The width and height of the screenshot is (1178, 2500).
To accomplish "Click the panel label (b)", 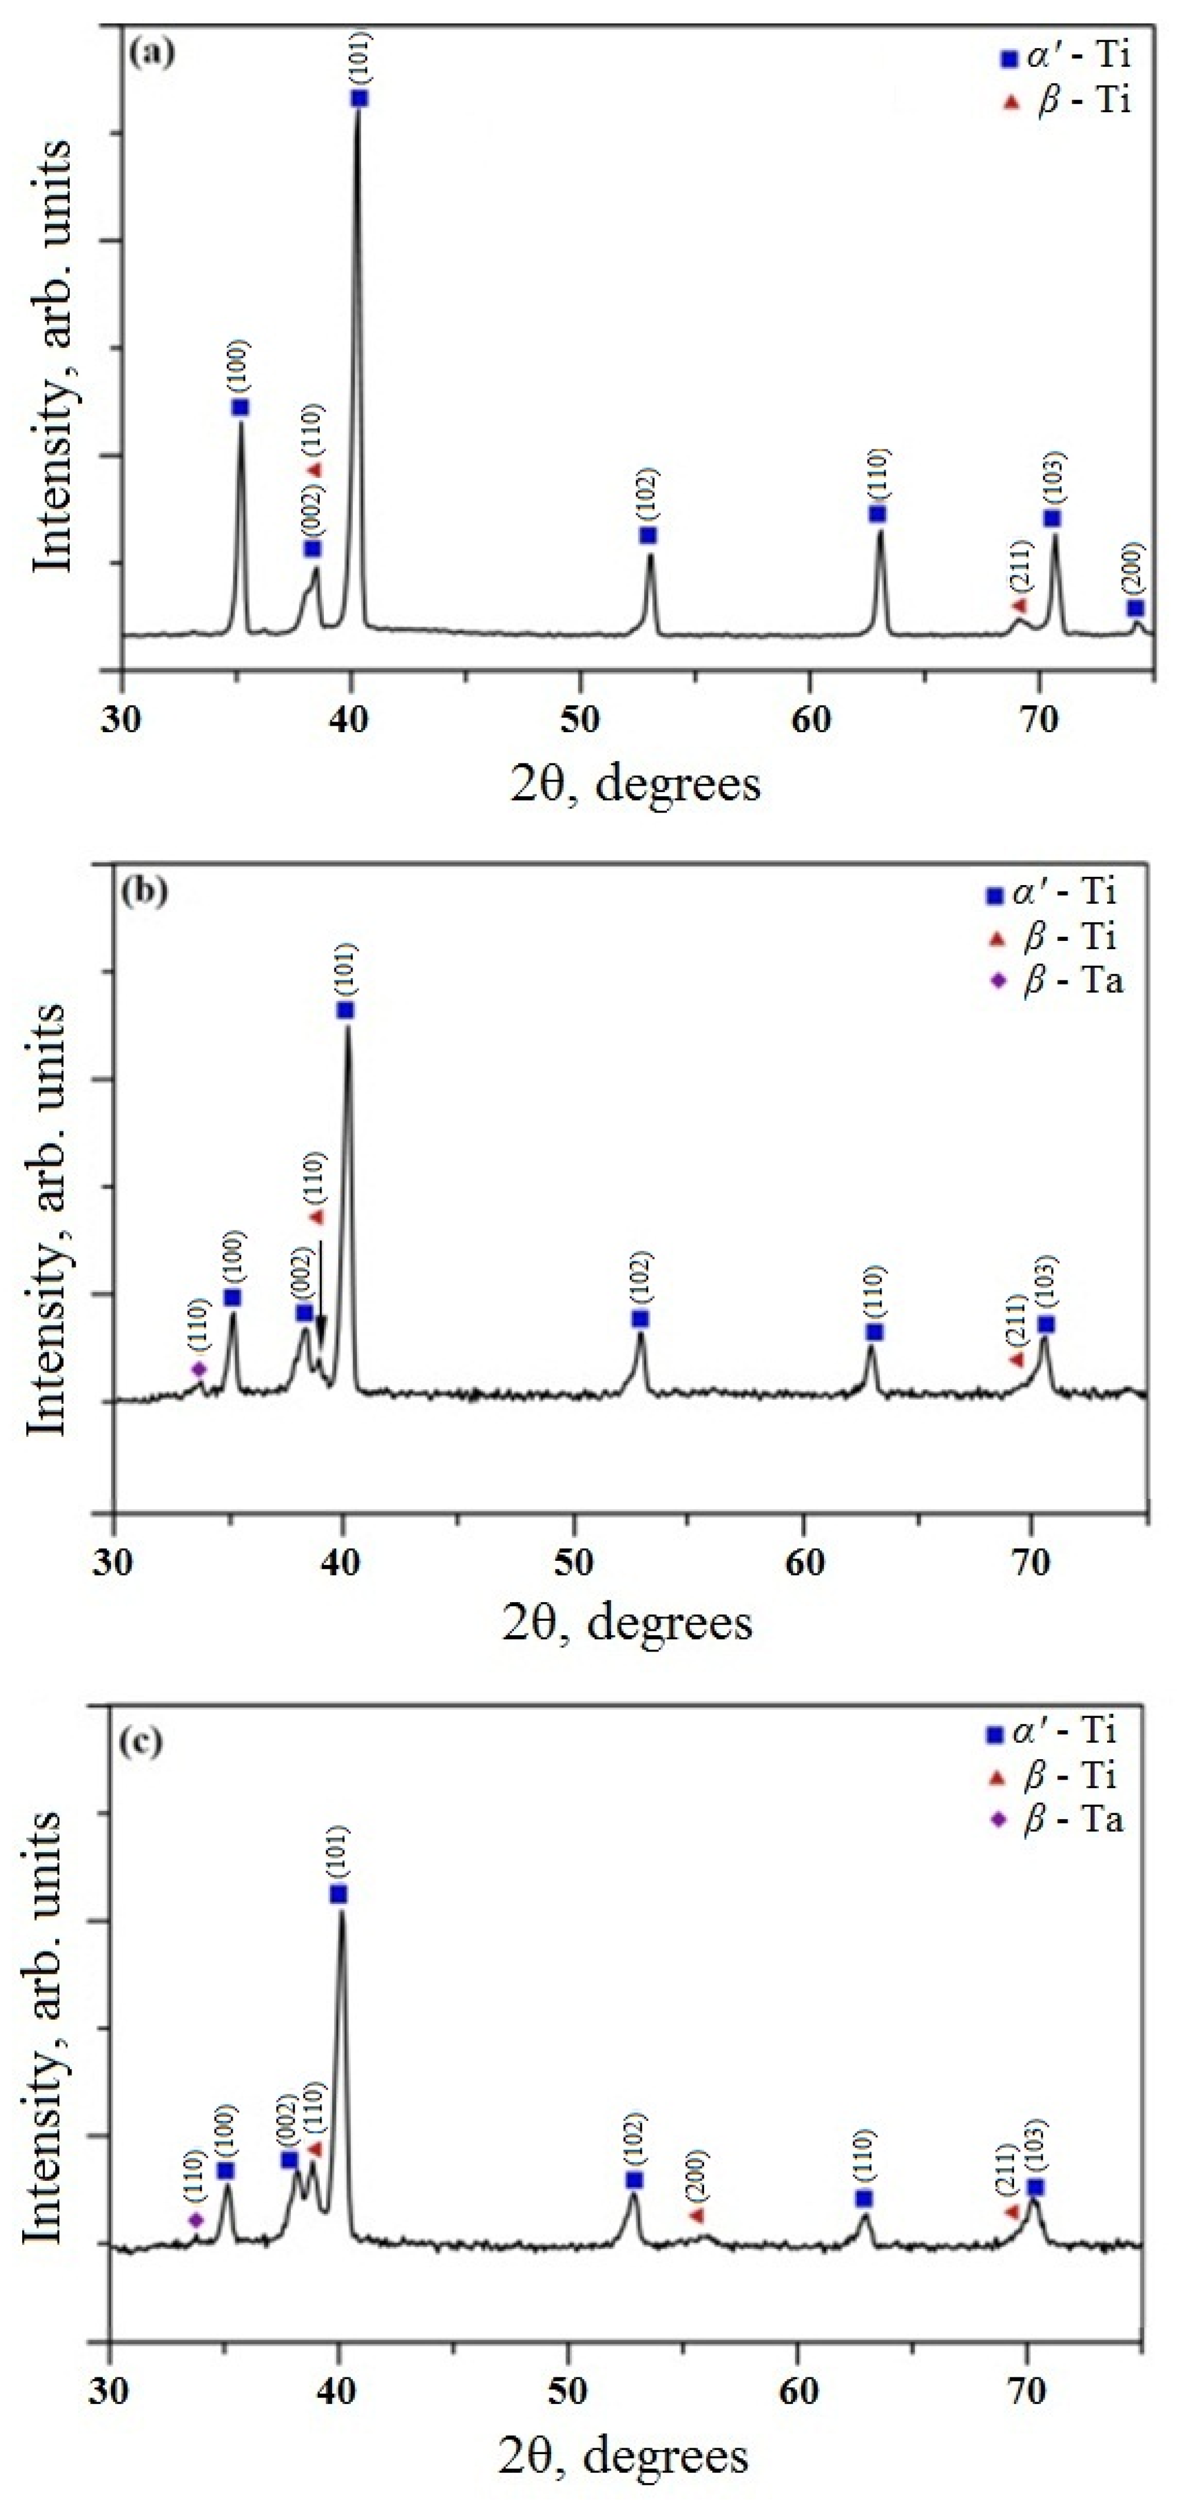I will pos(145,890).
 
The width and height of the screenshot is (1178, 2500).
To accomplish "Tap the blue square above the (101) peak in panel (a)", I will pos(360,99).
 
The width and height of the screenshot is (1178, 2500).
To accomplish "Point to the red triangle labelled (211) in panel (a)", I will pos(1018,605).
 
